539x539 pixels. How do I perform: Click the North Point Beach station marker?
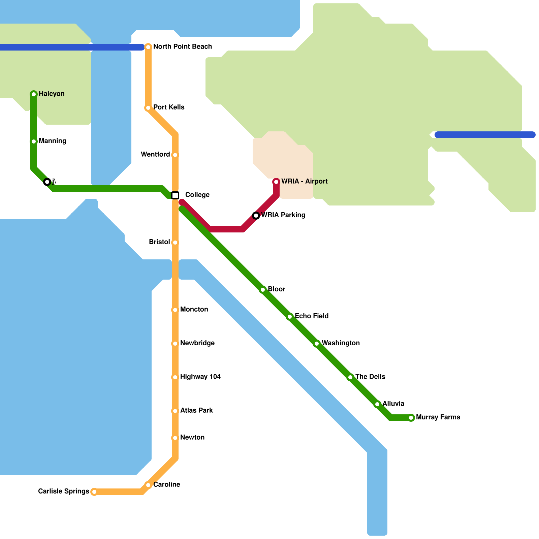tap(148, 47)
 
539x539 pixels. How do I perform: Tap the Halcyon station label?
tap(52, 94)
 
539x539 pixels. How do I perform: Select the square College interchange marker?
tap(175, 195)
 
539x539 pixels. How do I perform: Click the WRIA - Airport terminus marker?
tap(276, 182)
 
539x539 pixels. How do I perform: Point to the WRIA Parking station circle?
tap(256, 216)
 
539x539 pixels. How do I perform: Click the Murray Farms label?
tap(438, 417)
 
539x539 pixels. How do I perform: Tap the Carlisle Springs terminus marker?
tap(94, 492)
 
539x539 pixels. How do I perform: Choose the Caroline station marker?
tap(148, 485)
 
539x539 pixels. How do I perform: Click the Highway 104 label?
tap(200, 377)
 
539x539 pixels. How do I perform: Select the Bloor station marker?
tap(263, 290)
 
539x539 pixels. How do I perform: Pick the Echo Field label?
tap(312, 316)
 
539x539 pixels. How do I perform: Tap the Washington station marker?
tap(317, 344)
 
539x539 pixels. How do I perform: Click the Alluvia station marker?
tap(377, 404)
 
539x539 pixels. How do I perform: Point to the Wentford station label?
tap(155, 154)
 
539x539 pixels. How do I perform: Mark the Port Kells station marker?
tap(148, 108)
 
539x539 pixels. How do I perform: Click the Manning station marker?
tap(34, 141)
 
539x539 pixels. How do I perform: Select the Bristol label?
tap(159, 242)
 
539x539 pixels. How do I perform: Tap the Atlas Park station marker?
tap(175, 411)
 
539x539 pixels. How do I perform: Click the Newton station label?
tap(192, 437)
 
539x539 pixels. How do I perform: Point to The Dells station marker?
tap(350, 377)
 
